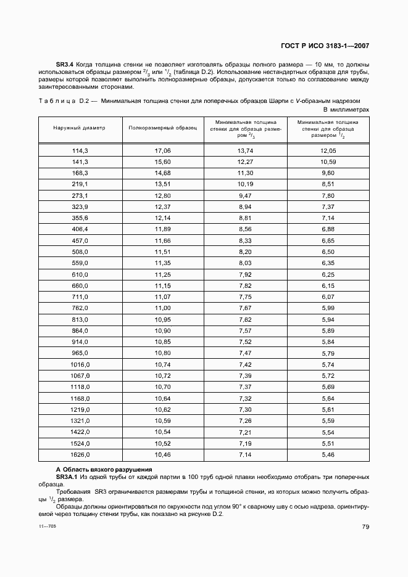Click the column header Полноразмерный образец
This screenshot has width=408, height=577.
pos(163,128)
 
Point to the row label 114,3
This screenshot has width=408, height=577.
pos(80,150)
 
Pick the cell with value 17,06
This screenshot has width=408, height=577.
pos(163,150)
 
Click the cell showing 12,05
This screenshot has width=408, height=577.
pos(328,150)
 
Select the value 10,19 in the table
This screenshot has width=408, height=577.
pos(246,184)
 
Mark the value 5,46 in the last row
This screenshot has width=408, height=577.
pos(328,454)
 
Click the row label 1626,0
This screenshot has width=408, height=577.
pos(80,454)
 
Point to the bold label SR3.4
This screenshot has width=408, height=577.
pos(65,65)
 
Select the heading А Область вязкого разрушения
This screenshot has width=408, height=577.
pos(104,470)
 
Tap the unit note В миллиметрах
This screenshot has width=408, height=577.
pos(346,108)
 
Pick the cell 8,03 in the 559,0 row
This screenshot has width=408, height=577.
pos(246,263)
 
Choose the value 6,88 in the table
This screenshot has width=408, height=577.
pos(328,229)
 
